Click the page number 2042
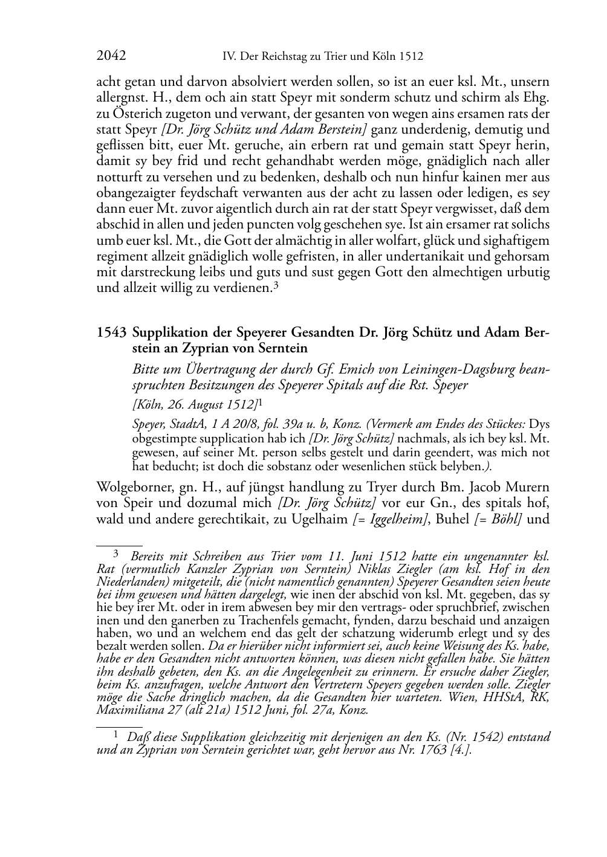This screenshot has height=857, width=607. coord(111,56)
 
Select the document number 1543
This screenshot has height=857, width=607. coord(111,332)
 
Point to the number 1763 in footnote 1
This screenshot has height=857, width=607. coord(430,750)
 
